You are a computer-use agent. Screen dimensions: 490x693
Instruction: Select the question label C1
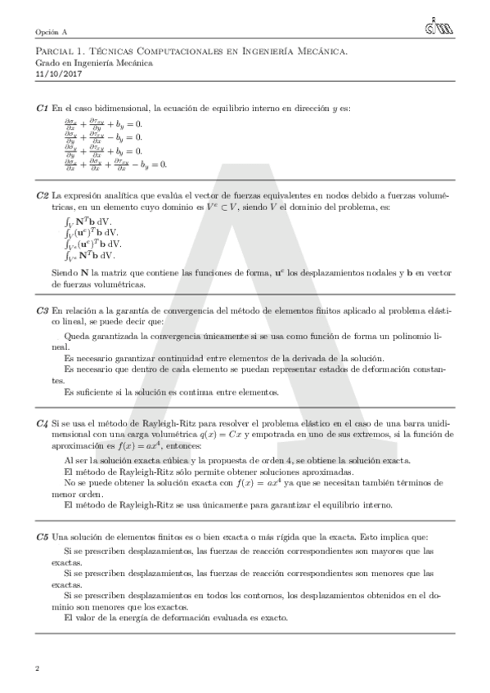tap(42, 108)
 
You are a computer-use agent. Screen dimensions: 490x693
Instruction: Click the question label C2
tap(42, 196)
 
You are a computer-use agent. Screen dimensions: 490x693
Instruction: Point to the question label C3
tap(42, 311)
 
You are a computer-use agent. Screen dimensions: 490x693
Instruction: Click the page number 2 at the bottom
tap(38, 669)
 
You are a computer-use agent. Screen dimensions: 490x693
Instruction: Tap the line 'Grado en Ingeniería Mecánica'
tap(94, 62)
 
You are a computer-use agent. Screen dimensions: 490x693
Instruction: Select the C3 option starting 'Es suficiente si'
tap(171, 391)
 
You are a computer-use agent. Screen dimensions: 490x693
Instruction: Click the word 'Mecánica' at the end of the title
tap(325, 51)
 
